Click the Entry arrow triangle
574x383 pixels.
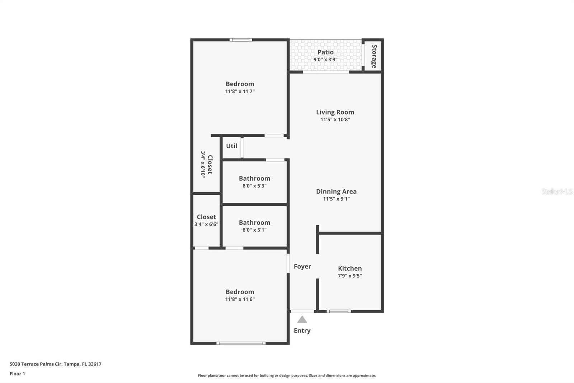[302, 319]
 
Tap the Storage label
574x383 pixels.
[374, 56]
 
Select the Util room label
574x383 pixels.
[231, 146]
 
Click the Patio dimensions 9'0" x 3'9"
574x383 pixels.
[325, 60]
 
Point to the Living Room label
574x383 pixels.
[335, 112]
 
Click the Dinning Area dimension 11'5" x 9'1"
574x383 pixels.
[336, 199]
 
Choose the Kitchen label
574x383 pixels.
[350, 268]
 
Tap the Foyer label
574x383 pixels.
[302, 266]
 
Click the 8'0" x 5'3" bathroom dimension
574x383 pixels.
[254, 186]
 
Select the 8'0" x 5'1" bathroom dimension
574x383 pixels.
[254, 230]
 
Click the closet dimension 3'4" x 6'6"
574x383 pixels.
[206, 225]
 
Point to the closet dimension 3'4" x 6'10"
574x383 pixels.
[203, 164]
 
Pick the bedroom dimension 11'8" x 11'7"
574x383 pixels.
[240, 92]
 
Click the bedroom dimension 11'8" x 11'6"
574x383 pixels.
[240, 299]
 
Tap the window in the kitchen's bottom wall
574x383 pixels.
[339, 311]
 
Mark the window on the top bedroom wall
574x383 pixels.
[241, 40]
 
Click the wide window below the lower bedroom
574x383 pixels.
[241, 343]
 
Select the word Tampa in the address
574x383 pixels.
[72, 364]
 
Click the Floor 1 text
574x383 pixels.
[17, 374]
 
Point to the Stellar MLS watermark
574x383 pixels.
[557, 191]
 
